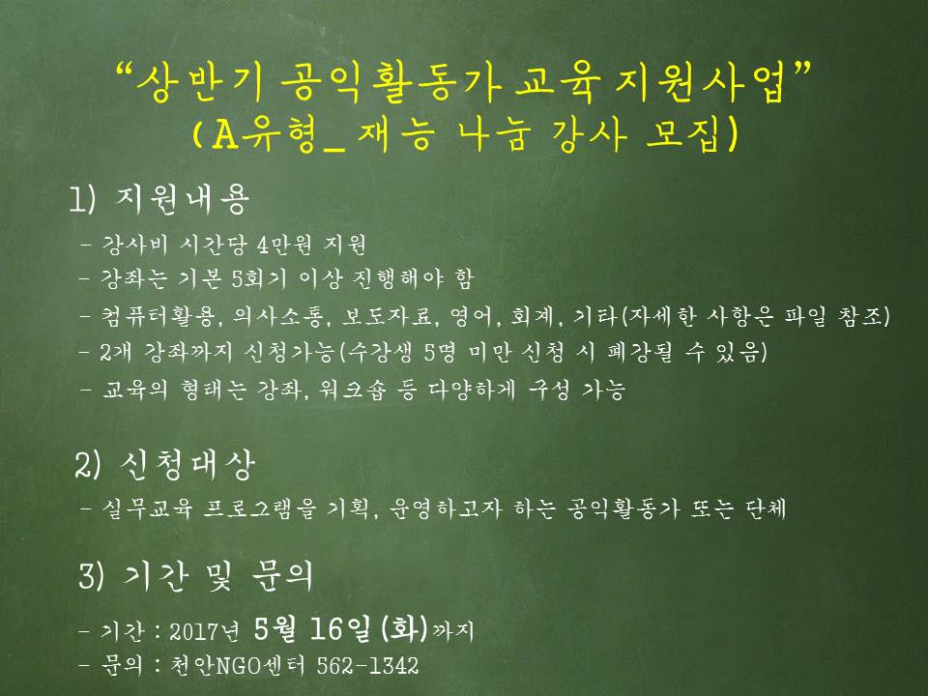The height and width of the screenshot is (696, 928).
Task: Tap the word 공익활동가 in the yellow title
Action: pos(391,82)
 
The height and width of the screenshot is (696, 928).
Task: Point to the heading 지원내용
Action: pos(182,199)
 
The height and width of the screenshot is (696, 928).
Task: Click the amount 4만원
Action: pos(284,245)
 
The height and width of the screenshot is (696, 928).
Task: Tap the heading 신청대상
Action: pos(187,465)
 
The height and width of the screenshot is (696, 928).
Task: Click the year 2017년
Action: pos(204,631)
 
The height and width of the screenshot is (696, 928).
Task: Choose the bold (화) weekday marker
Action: pos(405,628)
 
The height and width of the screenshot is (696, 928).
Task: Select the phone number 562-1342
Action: pos(367,666)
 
